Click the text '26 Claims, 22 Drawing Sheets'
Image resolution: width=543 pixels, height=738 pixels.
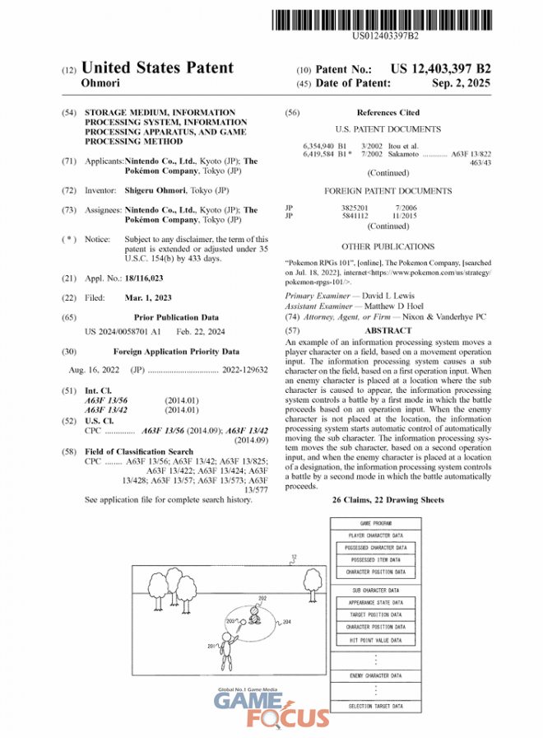tap(388, 500)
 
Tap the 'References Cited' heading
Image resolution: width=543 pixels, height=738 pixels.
tap(388, 113)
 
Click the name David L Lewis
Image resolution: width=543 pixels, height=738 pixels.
tap(394, 295)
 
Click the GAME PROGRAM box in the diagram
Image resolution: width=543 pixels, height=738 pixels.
tap(375, 523)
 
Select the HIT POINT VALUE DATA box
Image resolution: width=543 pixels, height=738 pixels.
tap(375, 639)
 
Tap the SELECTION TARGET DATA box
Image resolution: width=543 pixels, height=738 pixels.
tap(375, 706)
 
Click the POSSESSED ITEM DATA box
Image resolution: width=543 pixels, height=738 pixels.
tap(375, 559)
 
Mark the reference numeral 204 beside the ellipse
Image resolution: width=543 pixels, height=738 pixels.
tap(286, 624)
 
